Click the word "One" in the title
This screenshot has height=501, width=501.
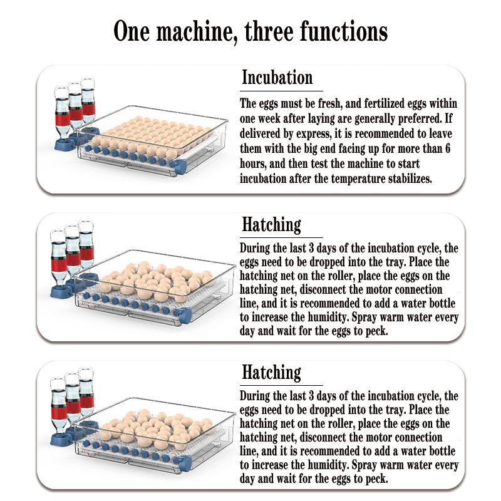(x=132, y=31)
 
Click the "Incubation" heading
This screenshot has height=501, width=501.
(x=277, y=78)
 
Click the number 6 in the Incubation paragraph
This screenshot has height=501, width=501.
(x=448, y=148)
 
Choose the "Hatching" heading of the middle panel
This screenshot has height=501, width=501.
(x=271, y=225)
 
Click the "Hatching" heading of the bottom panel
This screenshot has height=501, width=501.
(x=271, y=372)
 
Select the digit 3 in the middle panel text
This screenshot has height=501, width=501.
(x=311, y=248)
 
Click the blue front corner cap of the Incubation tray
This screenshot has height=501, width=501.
(x=180, y=166)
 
